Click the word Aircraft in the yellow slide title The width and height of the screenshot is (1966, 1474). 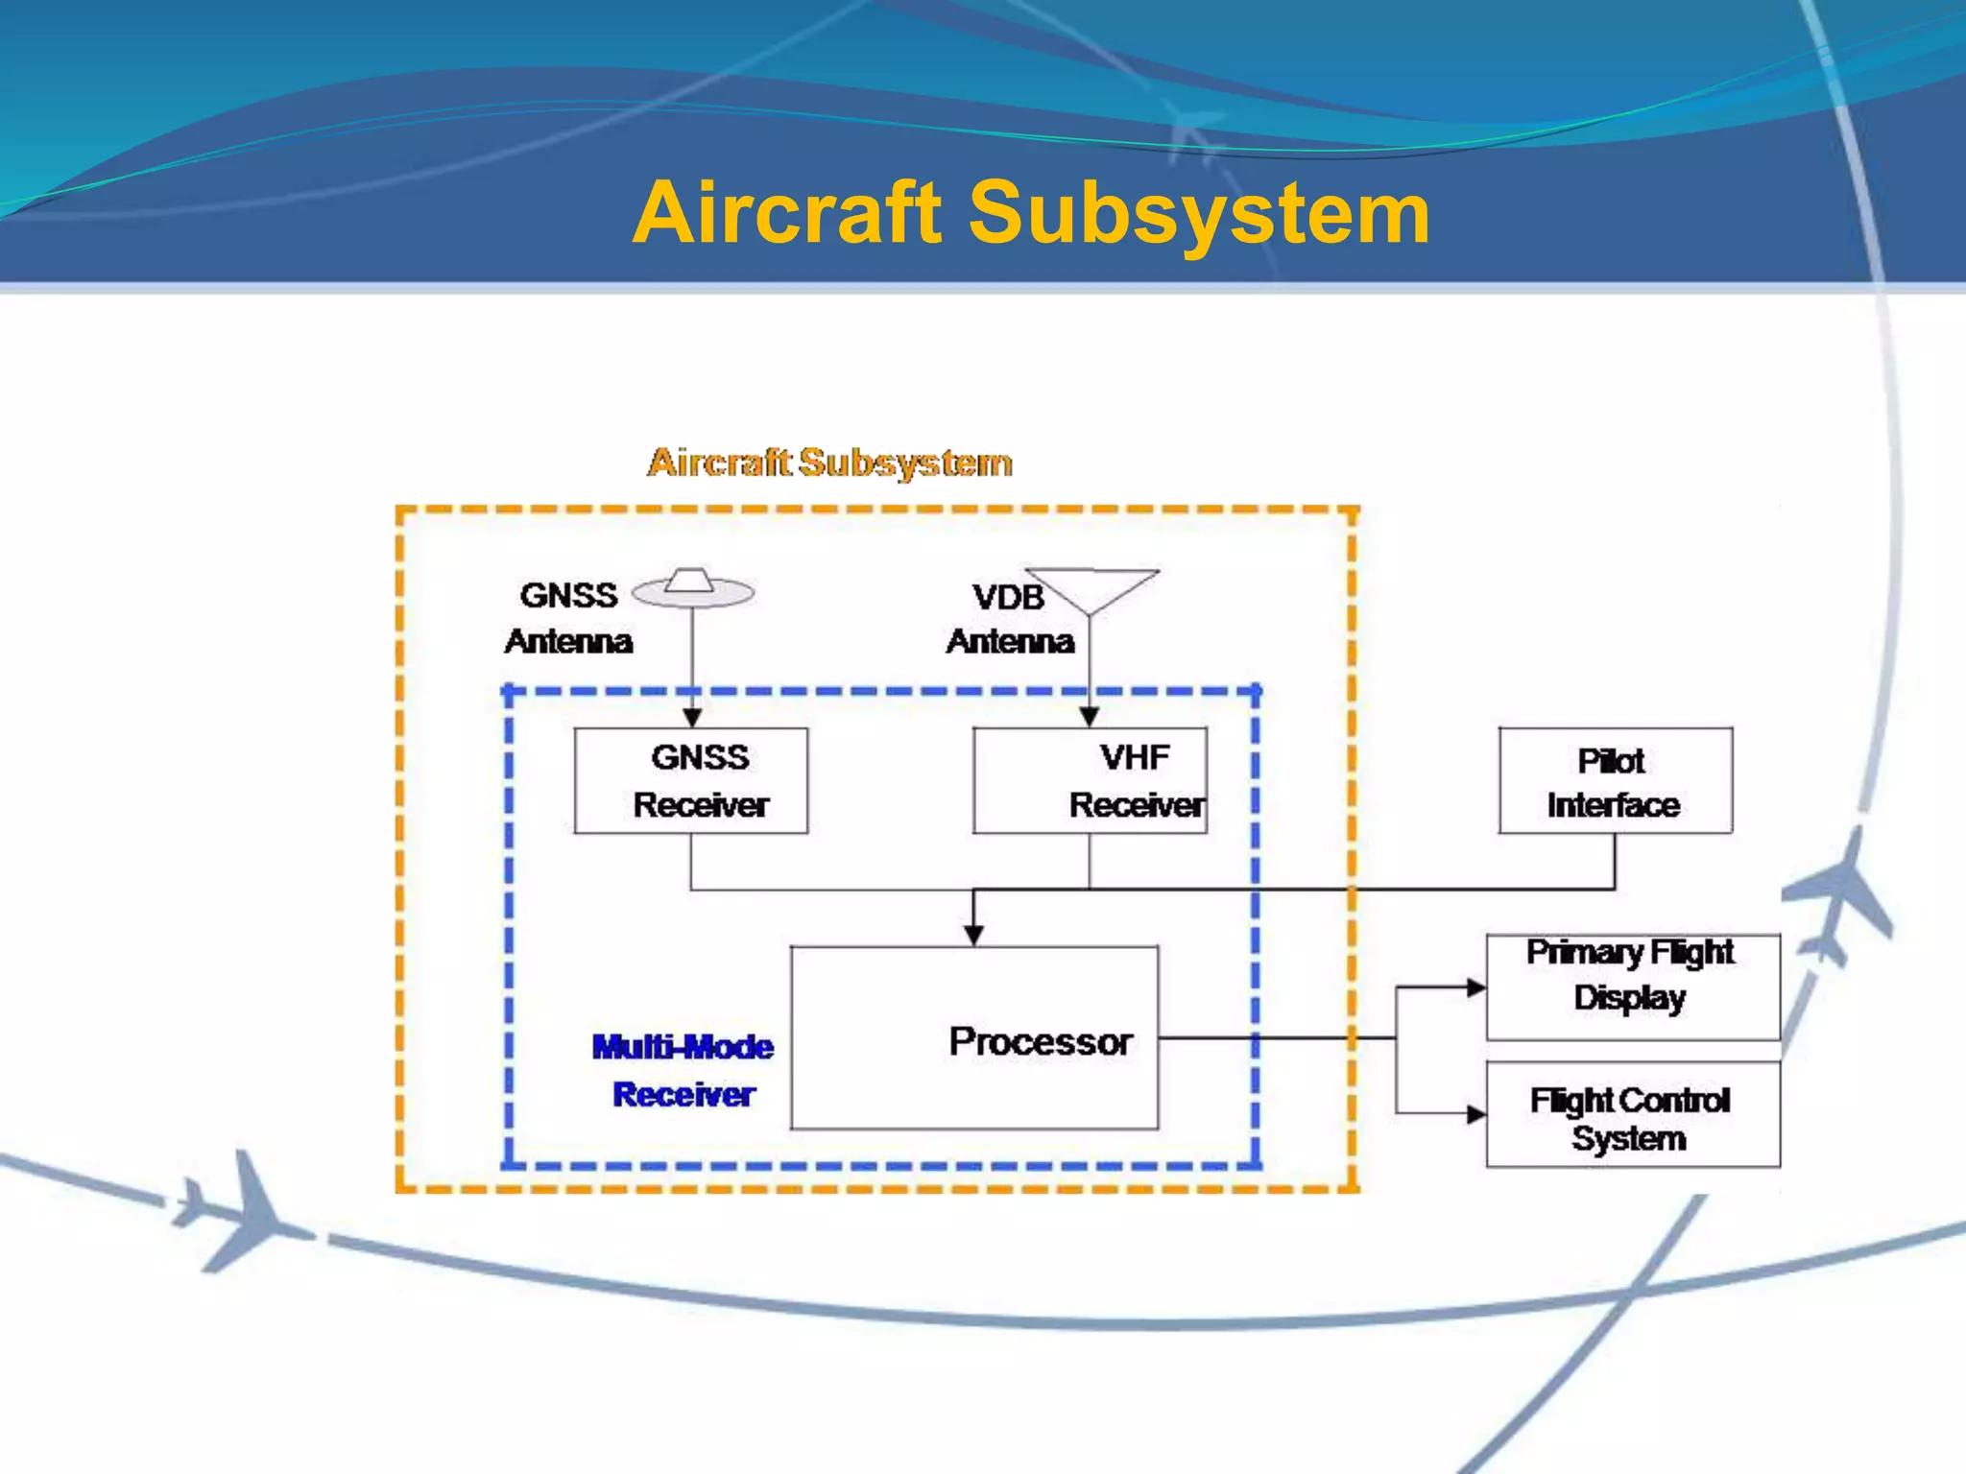point(787,213)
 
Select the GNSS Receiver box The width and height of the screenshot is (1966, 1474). point(691,780)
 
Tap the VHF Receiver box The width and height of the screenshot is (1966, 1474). point(1090,780)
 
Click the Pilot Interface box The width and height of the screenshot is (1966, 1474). point(1615,780)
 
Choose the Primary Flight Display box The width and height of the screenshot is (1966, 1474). point(1632,987)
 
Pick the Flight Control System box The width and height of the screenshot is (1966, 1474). point(1632,1114)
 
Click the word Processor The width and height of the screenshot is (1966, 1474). point(1041,1041)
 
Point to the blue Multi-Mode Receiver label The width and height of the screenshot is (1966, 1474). point(683,1070)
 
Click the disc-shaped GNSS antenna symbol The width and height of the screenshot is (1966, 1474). point(693,589)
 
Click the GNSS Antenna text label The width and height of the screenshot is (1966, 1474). point(568,617)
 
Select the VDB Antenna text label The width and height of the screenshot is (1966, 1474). point(1010,619)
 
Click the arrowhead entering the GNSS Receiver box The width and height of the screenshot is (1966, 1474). point(692,718)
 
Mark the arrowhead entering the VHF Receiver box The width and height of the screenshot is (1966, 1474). point(1089,718)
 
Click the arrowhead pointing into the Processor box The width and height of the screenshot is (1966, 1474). point(973,936)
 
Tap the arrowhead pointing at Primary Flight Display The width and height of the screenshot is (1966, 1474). point(1475,987)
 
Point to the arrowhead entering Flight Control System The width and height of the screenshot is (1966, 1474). point(1475,1114)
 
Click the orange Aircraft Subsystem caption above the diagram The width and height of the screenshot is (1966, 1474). point(829,463)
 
